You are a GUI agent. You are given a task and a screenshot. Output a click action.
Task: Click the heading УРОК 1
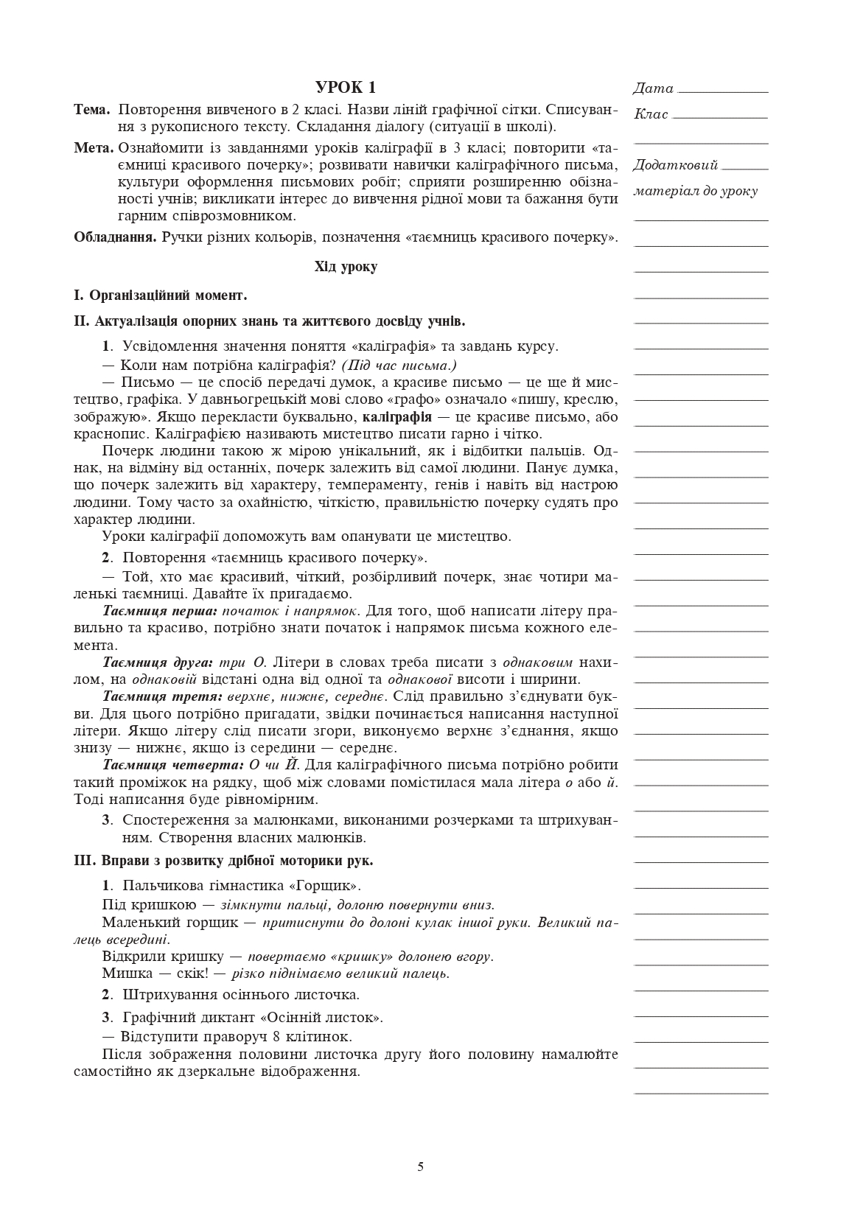click(x=345, y=88)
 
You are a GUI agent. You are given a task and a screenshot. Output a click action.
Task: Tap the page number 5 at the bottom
click(x=421, y=1167)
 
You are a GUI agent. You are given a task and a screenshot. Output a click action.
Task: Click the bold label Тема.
click(x=92, y=110)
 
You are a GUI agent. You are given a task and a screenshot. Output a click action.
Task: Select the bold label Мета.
click(x=94, y=147)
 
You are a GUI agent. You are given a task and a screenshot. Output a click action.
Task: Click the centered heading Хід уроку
click(x=346, y=267)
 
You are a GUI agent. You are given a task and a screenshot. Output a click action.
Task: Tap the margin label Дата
click(x=653, y=88)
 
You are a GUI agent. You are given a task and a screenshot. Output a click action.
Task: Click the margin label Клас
click(x=651, y=114)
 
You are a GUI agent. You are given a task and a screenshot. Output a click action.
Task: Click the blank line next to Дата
click(x=722, y=91)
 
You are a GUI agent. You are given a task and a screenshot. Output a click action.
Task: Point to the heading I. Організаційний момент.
click(x=160, y=296)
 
